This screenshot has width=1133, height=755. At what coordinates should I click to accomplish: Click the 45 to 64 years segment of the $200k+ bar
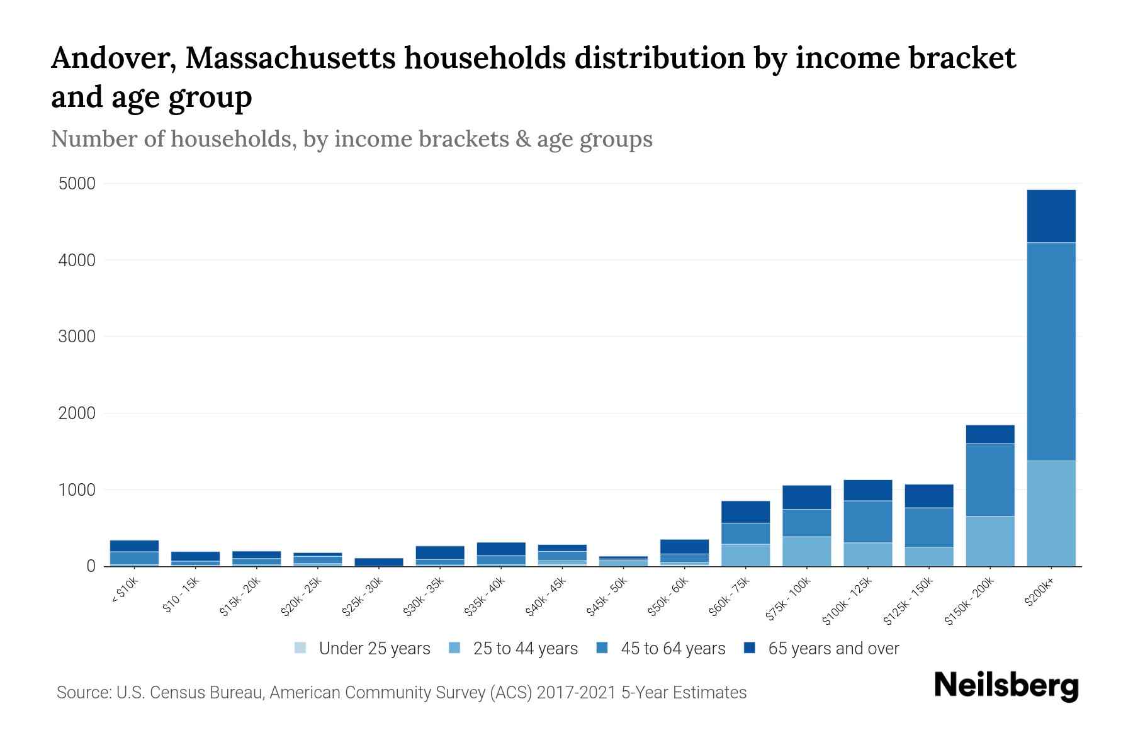pyautogui.click(x=1051, y=351)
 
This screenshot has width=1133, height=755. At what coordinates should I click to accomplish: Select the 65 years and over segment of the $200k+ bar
pyautogui.click(x=1051, y=216)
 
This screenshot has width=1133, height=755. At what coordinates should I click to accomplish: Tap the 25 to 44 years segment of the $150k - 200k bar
pyautogui.click(x=990, y=541)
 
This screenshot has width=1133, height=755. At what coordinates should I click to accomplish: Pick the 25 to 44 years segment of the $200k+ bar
pyautogui.click(x=1051, y=513)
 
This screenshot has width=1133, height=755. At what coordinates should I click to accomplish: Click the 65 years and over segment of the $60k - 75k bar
pyautogui.click(x=745, y=512)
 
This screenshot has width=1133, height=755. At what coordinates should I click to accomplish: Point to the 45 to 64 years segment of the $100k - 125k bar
pyautogui.click(x=868, y=522)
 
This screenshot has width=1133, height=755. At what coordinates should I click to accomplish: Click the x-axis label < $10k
pyautogui.click(x=124, y=591)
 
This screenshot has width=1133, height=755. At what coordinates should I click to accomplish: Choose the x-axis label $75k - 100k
pyautogui.click(x=789, y=600)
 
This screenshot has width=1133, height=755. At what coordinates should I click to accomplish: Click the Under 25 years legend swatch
pyautogui.click(x=300, y=648)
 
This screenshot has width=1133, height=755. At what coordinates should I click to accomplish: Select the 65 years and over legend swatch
pyautogui.click(x=750, y=648)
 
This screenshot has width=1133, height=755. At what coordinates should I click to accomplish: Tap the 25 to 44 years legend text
pyautogui.click(x=525, y=648)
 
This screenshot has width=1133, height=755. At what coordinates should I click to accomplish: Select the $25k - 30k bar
pyautogui.click(x=379, y=562)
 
